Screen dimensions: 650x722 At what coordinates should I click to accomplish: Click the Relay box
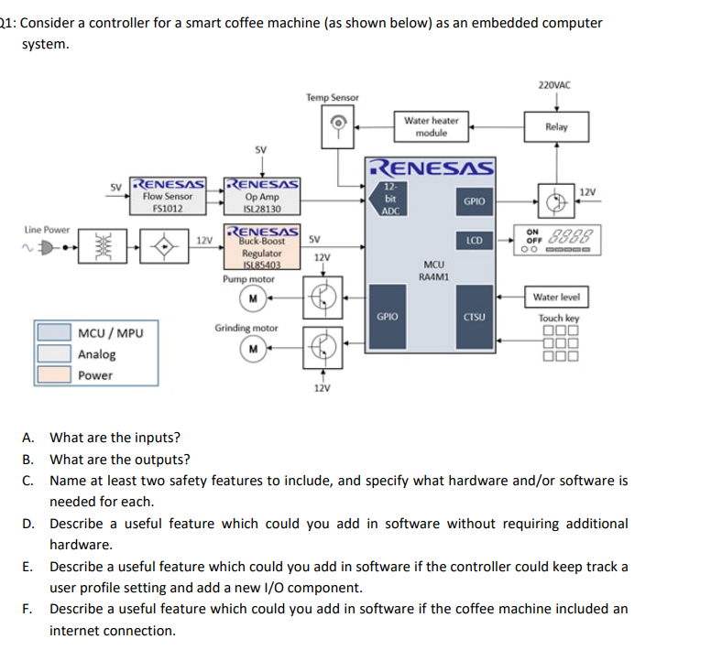[x=556, y=127]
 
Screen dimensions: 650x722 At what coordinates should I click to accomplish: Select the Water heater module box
[x=431, y=127]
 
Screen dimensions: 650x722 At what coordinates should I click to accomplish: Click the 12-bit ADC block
[x=389, y=198]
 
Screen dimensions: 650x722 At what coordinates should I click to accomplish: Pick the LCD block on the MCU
[x=474, y=241]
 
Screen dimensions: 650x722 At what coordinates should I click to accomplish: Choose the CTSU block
[x=474, y=317]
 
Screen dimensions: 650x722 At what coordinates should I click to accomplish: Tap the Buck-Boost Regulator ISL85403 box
[x=262, y=247]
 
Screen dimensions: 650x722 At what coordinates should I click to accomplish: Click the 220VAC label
[x=554, y=84]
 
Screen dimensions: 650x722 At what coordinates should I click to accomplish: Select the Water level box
[x=556, y=297]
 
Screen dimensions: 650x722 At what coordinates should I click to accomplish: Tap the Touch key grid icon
[x=559, y=343]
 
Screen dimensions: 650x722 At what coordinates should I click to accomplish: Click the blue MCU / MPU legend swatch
[x=54, y=332]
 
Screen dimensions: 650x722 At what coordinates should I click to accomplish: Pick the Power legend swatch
[x=54, y=374]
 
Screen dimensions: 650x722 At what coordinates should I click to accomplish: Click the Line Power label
[x=47, y=229]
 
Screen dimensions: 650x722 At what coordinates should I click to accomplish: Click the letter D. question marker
[x=28, y=524]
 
